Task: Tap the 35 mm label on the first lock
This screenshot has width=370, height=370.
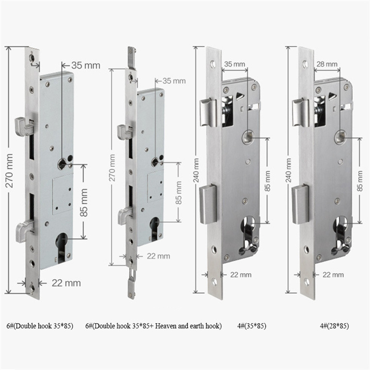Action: point(85,65)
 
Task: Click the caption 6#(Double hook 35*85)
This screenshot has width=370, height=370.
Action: point(40,326)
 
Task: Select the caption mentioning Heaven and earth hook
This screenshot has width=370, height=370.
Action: point(153,326)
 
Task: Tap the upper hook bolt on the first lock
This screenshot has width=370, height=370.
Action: point(23,126)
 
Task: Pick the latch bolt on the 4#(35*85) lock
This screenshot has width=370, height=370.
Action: point(208,112)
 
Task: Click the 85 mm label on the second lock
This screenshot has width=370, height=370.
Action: point(179,192)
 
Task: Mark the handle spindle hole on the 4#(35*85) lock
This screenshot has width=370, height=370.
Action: point(248,137)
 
